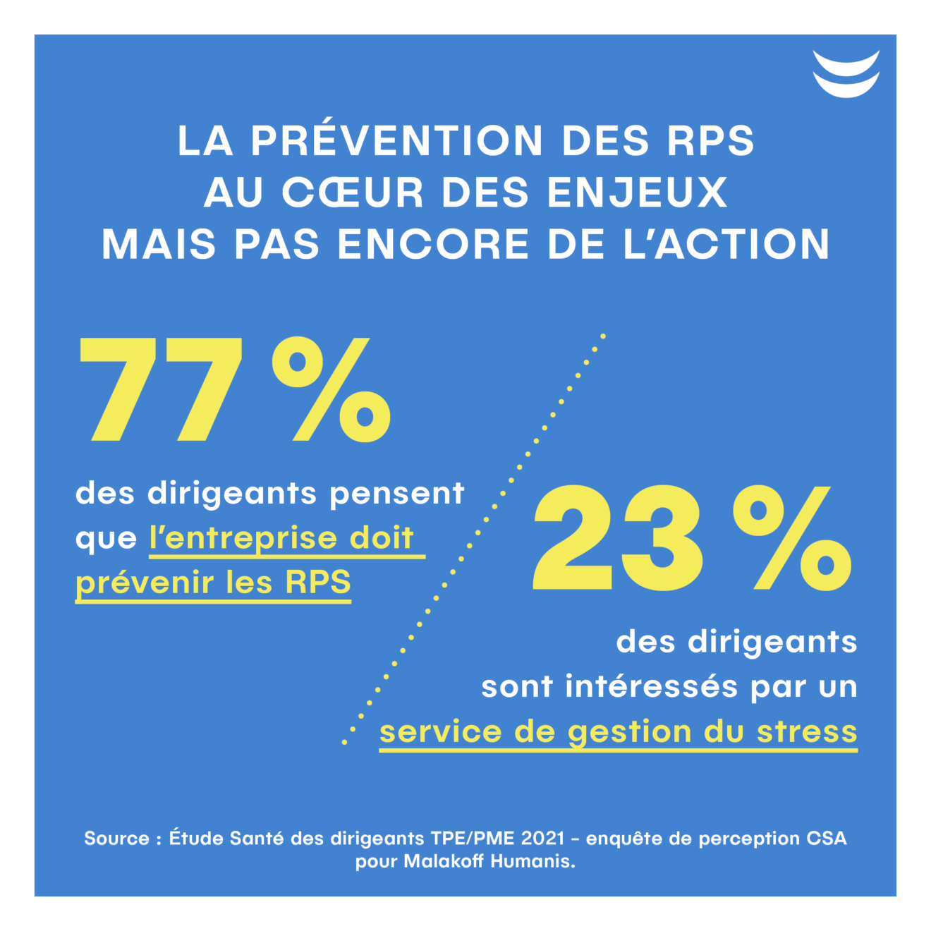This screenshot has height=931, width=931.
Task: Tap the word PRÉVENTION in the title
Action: [x=397, y=141]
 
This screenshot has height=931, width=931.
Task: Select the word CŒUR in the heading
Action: [x=352, y=193]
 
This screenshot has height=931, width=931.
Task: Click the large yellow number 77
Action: [x=162, y=389]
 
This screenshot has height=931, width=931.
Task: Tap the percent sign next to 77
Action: [x=331, y=389]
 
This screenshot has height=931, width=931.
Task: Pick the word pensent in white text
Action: [x=397, y=494]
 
